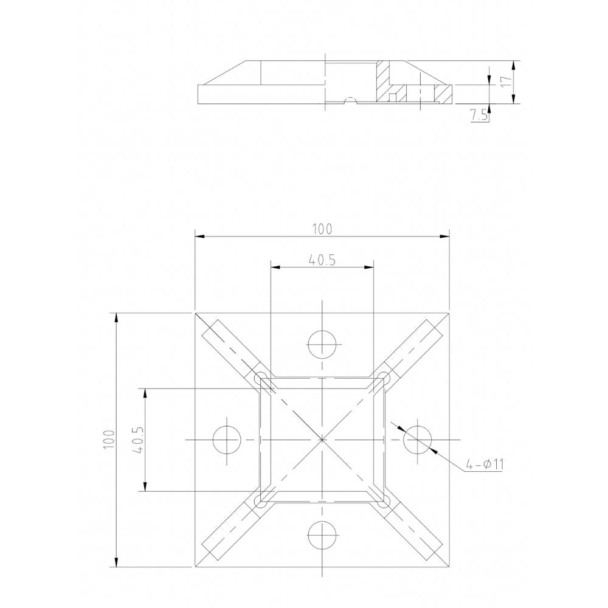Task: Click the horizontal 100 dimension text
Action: pos(322,229)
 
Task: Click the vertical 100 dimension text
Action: pos(108,439)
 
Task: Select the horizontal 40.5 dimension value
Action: pos(322,260)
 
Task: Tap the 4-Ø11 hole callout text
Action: pos(485,465)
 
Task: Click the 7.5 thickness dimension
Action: pos(479,115)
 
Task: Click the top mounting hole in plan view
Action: pos(322,345)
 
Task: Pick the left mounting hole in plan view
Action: pos(227,440)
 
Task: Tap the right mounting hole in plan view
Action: pos(418,440)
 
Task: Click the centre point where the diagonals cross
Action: pos(322,440)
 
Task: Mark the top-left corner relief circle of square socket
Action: pos(260,378)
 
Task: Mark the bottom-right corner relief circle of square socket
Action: pos(384,502)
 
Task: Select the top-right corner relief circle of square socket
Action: pos(384,378)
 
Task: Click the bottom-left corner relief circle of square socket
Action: pos(260,502)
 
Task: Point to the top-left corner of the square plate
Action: pos(195,313)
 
